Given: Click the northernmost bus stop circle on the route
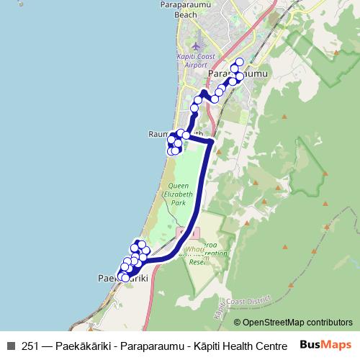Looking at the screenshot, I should [x=240, y=62].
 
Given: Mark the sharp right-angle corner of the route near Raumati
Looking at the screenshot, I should [x=210, y=142].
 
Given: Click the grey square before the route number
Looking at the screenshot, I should [x=11, y=346].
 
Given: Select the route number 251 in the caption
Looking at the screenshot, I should [x=30, y=346].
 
